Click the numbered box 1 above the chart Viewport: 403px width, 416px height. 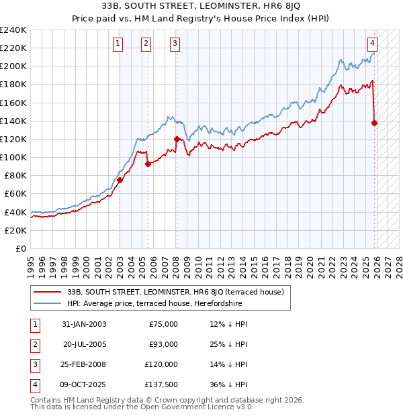[x=118, y=44]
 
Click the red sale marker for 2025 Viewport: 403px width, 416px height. [x=374, y=123]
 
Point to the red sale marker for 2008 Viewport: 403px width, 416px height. [x=177, y=139]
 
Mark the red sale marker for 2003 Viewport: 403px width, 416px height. [x=120, y=180]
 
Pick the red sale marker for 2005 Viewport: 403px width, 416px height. [x=148, y=164]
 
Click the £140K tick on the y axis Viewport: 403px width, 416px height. [x=13, y=121]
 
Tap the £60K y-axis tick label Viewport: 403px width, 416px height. [x=15, y=193]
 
